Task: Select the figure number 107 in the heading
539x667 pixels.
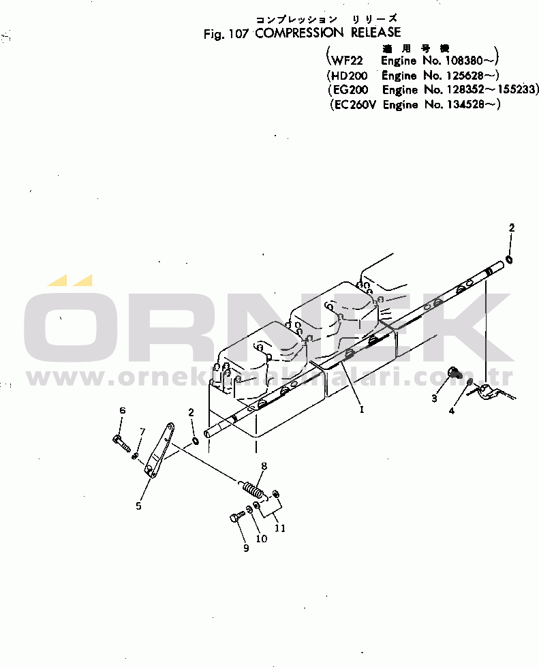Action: tap(238, 33)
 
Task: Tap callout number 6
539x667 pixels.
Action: tap(123, 410)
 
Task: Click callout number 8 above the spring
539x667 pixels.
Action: tap(264, 466)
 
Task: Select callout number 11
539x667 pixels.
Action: tap(279, 527)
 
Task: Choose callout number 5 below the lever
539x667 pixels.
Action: tap(138, 506)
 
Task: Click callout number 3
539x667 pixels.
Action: tap(434, 399)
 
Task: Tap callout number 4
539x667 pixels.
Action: tap(451, 410)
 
